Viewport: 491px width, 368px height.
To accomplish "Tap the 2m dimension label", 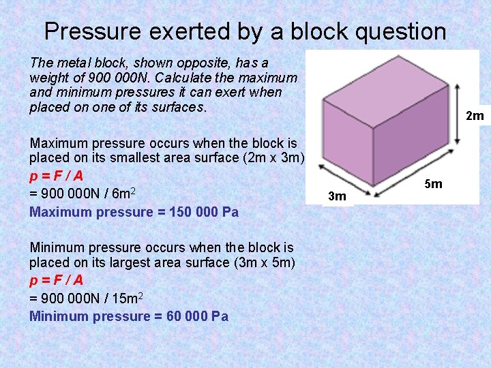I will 475,116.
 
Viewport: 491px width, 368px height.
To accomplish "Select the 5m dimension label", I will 433,184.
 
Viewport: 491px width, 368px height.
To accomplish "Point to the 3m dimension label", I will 338,197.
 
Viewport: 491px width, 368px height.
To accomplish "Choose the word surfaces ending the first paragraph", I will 179,108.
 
